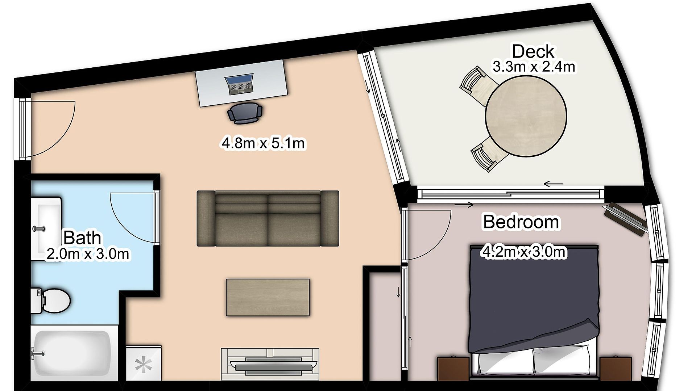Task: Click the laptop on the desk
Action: click(239, 84)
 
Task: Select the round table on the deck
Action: click(526, 117)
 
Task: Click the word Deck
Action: click(533, 51)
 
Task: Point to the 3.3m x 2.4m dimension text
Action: click(534, 67)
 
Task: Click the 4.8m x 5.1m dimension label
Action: click(263, 143)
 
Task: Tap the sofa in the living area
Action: click(268, 219)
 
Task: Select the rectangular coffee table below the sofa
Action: click(268, 297)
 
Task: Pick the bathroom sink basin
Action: click(46, 228)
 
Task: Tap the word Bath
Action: click(82, 238)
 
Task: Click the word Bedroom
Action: click(521, 222)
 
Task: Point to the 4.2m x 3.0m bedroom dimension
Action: click(523, 252)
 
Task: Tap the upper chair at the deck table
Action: click(476, 86)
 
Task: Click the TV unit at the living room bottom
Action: click(270, 364)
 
